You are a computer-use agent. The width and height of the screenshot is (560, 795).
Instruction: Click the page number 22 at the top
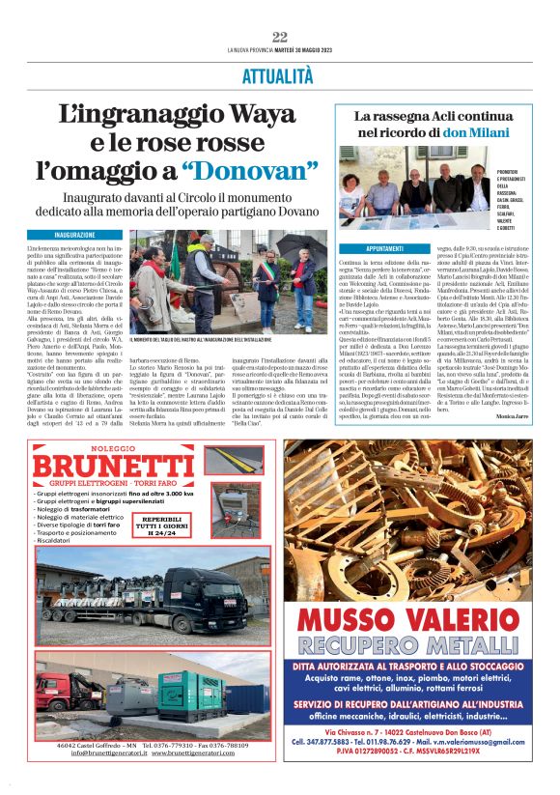click(280, 37)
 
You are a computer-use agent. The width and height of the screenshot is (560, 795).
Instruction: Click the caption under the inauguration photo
click(208, 341)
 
